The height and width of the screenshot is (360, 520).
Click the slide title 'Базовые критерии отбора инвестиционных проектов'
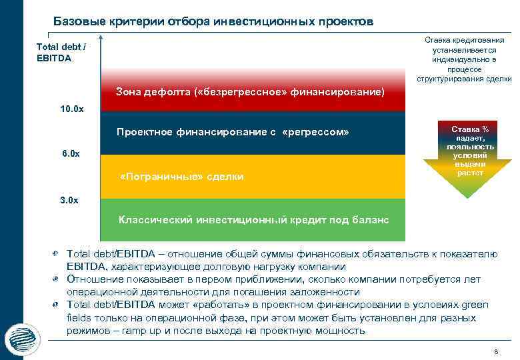(213, 21)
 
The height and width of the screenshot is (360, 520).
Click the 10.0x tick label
(69, 109)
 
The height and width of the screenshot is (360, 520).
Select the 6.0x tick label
(69, 154)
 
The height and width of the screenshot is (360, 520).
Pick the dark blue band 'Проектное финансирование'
(252, 133)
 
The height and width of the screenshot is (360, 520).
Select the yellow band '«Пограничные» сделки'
(252, 177)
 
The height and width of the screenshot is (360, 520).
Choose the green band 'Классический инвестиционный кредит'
(252, 219)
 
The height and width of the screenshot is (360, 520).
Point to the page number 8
(495, 351)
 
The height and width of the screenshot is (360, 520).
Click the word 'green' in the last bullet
(475, 305)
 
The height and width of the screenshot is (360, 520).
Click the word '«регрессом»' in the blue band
(316, 132)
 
